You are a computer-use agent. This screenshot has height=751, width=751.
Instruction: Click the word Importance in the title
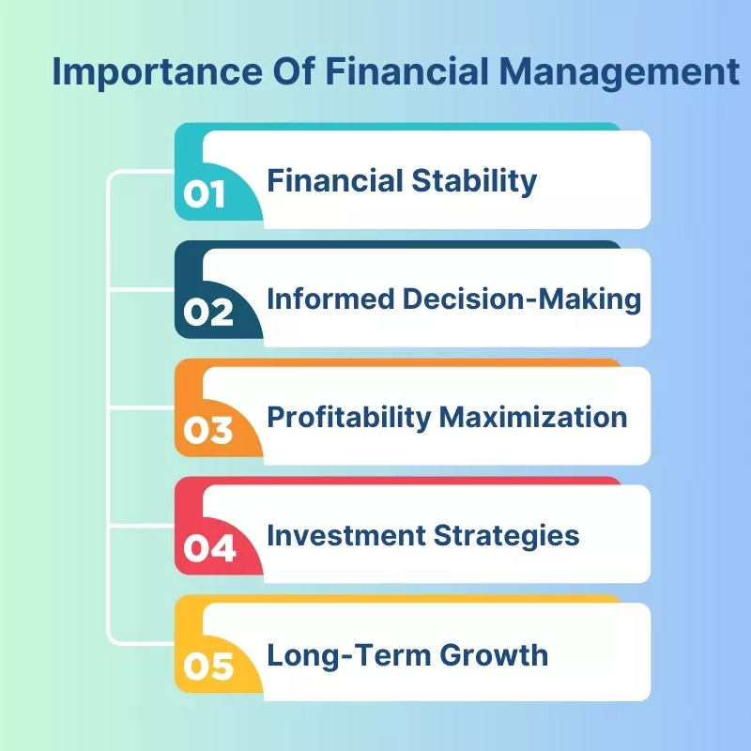coord(157,73)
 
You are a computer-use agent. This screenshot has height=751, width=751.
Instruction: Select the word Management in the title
coord(620,72)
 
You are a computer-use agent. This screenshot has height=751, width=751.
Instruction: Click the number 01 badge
coord(204,194)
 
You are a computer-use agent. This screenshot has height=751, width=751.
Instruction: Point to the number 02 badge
coord(208,313)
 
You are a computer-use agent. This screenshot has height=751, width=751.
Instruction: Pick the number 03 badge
coord(208,430)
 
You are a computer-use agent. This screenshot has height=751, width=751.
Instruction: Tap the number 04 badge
coord(209,548)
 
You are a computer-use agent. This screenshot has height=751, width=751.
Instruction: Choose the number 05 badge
coord(208,667)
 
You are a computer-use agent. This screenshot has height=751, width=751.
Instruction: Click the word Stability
coord(474,182)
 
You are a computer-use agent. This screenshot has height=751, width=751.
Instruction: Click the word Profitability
coord(349,418)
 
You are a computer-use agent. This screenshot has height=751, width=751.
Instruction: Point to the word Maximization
coord(533,417)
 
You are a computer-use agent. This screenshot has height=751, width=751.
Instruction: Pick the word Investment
coord(346,535)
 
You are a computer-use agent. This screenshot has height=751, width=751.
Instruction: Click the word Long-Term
coord(349,654)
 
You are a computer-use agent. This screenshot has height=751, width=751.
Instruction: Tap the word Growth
coord(494,654)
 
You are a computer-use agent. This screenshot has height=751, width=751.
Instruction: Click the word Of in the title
coord(294,72)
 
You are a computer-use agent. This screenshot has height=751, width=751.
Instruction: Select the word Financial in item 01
coord(335,180)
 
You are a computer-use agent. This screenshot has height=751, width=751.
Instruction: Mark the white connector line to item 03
coord(142,407)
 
